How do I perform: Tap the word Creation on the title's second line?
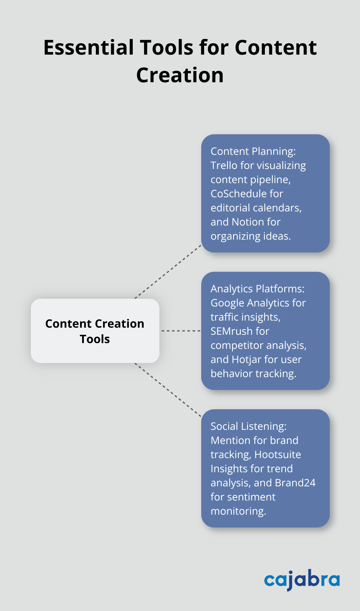click(x=180, y=75)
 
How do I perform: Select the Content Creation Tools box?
click(x=95, y=331)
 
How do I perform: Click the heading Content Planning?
click(x=253, y=151)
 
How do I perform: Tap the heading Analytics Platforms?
click(x=257, y=289)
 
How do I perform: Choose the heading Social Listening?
click(x=248, y=426)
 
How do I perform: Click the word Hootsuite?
click(x=278, y=455)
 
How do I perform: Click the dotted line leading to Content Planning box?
click(x=168, y=272)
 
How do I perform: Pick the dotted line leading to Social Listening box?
click(x=168, y=390)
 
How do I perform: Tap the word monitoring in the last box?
click(x=238, y=511)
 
